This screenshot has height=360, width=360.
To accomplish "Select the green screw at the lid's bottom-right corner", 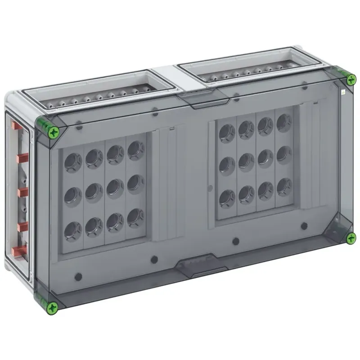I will point(351,238).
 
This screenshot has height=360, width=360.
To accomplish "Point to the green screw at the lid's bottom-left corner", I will point(53,307).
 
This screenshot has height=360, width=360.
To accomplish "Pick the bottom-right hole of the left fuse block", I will point(135,217).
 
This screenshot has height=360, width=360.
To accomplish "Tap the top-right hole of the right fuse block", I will point(284,122).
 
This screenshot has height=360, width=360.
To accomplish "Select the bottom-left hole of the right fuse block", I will point(227,198).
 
